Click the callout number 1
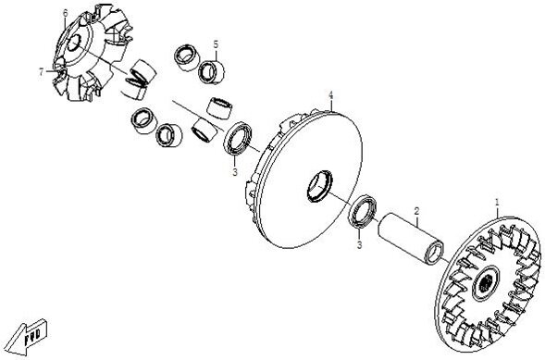497,202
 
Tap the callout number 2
416,211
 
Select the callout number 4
331,95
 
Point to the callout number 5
216,44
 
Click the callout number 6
65,13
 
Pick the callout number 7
42,72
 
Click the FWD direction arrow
27,336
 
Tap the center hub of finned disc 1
486,283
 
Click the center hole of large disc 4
320,186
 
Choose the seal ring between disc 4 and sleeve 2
363,212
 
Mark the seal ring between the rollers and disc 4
238,138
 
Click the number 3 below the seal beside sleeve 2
359,245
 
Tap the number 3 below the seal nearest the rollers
235,171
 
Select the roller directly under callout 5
211,72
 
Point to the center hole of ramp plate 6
74,43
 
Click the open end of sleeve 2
435,253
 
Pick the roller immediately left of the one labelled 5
187,57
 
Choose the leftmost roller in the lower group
144,120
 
